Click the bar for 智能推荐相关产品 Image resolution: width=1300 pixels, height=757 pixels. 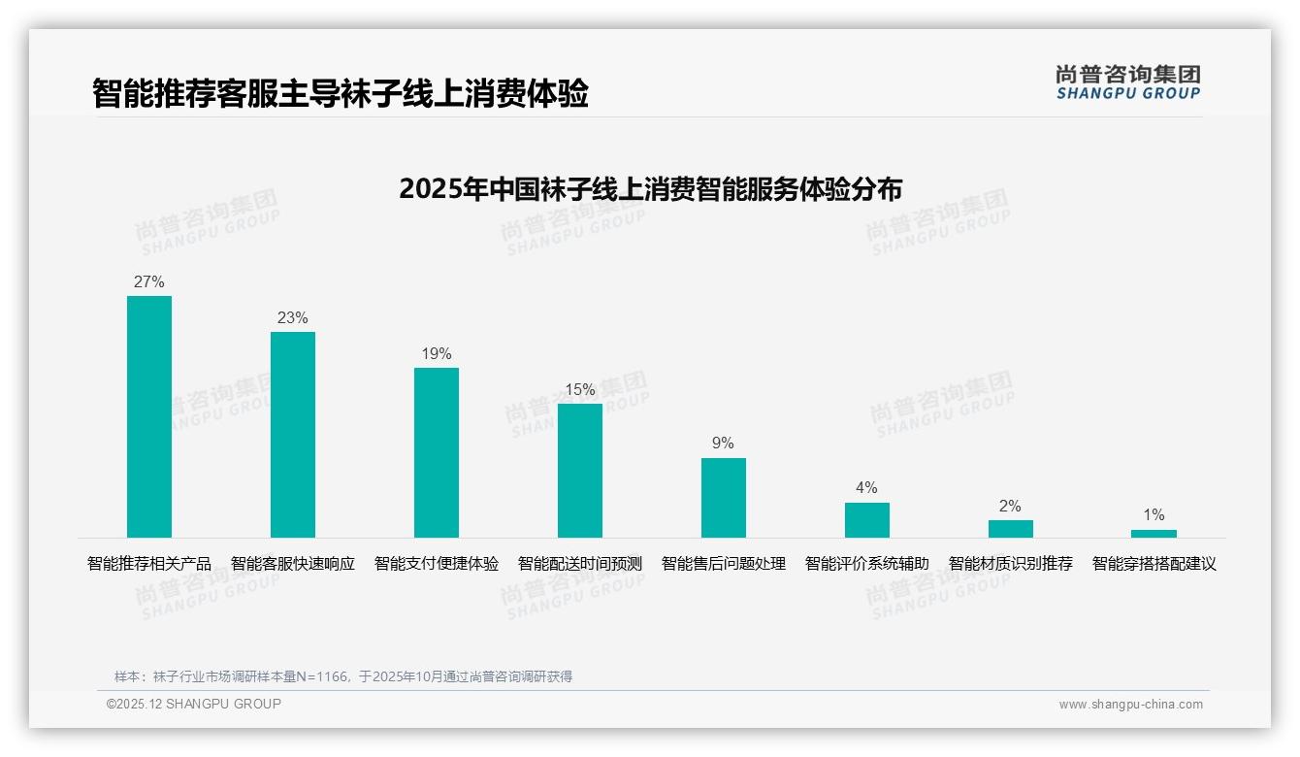149,416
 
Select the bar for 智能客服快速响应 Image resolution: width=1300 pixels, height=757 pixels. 293,435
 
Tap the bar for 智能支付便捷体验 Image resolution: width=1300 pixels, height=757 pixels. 437,452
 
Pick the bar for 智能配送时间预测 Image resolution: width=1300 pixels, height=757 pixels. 580,471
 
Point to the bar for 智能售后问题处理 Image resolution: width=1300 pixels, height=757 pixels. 724,498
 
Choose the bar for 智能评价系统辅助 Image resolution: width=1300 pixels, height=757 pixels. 867,520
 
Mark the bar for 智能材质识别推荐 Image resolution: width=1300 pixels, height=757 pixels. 1011,529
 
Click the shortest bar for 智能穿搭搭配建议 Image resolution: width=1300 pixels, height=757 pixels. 1154,534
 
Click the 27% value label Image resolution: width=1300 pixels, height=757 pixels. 149,282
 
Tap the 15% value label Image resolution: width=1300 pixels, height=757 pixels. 580,390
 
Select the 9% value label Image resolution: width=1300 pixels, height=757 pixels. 724,444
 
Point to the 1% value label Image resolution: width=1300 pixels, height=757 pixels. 1154,515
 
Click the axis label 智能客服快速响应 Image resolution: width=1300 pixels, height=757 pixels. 293,564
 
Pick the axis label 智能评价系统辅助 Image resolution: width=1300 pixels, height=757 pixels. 867,564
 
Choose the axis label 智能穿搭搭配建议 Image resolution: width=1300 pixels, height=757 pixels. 1154,564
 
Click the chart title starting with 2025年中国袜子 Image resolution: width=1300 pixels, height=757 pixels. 650,189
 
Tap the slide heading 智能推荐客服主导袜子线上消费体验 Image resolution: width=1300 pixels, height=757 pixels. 341,94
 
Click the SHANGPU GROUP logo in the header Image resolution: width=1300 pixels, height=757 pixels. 1128,82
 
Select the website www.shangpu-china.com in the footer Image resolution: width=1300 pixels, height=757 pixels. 1130,705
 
